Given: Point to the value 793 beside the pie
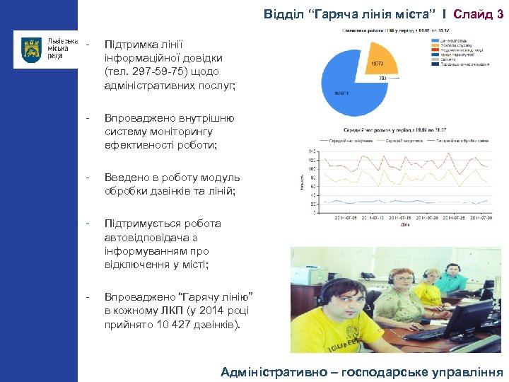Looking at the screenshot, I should pyautogui.click(x=382, y=79).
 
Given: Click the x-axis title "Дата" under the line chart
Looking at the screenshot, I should pyautogui.click(x=404, y=225).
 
